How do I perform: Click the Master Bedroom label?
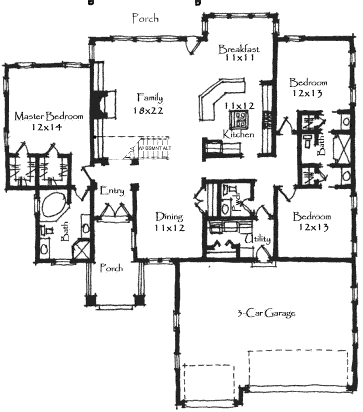(49, 117)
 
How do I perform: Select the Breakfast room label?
(239, 49)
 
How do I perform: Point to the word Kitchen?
(239, 134)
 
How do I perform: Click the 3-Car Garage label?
(266, 314)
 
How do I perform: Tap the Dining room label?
(169, 218)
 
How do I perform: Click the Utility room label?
(258, 240)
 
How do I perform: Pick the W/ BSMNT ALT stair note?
(152, 148)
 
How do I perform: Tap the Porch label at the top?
(145, 19)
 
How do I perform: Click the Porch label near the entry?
(111, 268)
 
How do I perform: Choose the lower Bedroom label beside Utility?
(312, 217)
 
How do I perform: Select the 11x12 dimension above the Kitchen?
(240, 106)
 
